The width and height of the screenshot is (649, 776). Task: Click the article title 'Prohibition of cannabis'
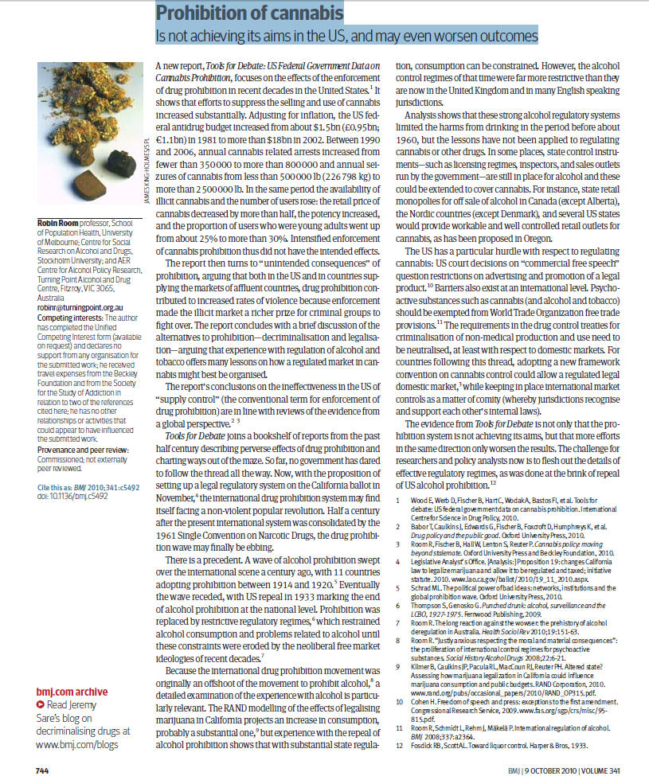[248, 14]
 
